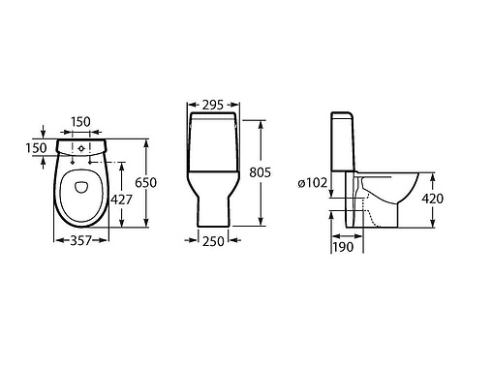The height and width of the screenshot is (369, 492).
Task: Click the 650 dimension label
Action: [145, 183]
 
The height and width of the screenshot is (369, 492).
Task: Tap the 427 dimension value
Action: [121, 200]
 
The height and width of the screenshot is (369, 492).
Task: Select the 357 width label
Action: [81, 240]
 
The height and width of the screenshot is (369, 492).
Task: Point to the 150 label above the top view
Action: [80, 122]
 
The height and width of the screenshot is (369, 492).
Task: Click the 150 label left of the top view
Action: [37, 148]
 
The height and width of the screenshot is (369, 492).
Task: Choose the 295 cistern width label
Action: [213, 105]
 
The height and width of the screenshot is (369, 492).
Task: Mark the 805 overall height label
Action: [260, 172]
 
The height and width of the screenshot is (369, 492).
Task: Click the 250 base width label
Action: [213, 241]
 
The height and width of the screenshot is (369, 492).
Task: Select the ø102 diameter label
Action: [313, 183]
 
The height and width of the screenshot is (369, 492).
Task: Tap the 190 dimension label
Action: [343, 247]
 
